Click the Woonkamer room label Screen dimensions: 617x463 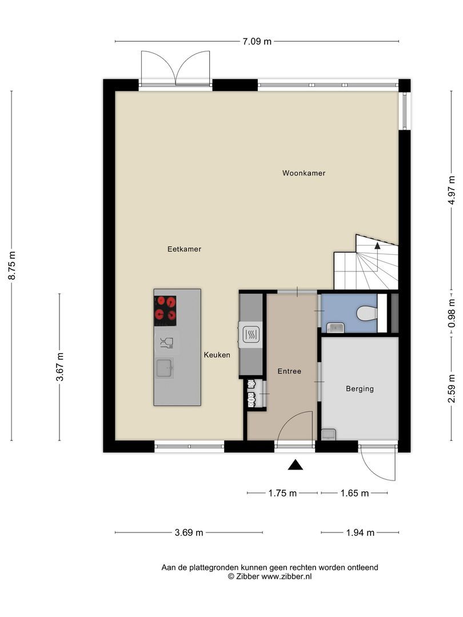[304, 173]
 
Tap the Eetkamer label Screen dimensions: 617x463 [184, 249]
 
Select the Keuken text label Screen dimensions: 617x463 [217, 355]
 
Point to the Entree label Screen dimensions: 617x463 [289, 371]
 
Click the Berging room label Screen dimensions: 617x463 [360, 389]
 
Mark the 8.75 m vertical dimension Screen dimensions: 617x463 [12, 265]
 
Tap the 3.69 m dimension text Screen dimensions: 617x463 [189, 532]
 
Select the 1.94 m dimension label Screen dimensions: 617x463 [360, 532]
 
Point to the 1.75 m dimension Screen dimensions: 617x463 [282, 493]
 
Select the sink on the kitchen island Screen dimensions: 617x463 [164, 368]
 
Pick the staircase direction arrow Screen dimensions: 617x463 [377, 246]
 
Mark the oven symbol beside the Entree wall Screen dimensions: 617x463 [250, 334]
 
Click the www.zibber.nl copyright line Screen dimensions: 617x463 [270, 577]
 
